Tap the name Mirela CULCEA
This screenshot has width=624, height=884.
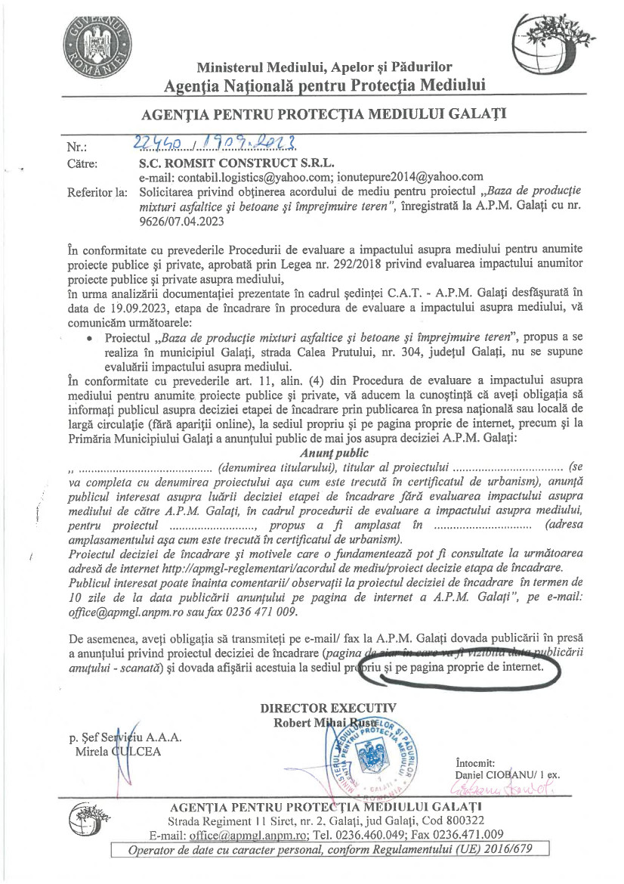tap(117, 752)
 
